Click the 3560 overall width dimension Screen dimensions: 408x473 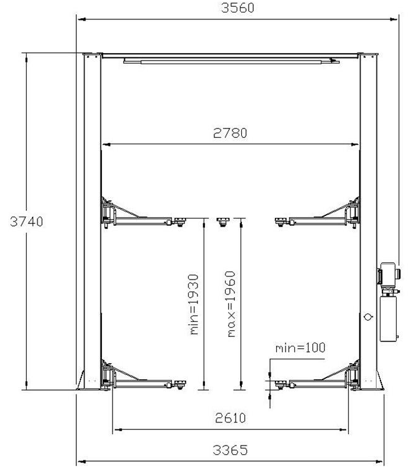pyautogui.click(x=237, y=8)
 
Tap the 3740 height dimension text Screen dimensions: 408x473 pyautogui.click(x=26, y=222)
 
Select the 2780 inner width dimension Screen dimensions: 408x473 pyautogui.click(x=230, y=133)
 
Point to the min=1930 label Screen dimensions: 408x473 pyautogui.click(x=194, y=305)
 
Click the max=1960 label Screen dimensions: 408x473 pyautogui.click(x=231, y=304)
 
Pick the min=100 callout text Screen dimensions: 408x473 pyautogui.click(x=300, y=348)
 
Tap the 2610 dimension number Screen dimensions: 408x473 pyautogui.click(x=230, y=418)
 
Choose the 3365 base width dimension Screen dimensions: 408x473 pyautogui.click(x=230, y=450)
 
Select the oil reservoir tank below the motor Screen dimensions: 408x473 pyautogui.click(x=389, y=319)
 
